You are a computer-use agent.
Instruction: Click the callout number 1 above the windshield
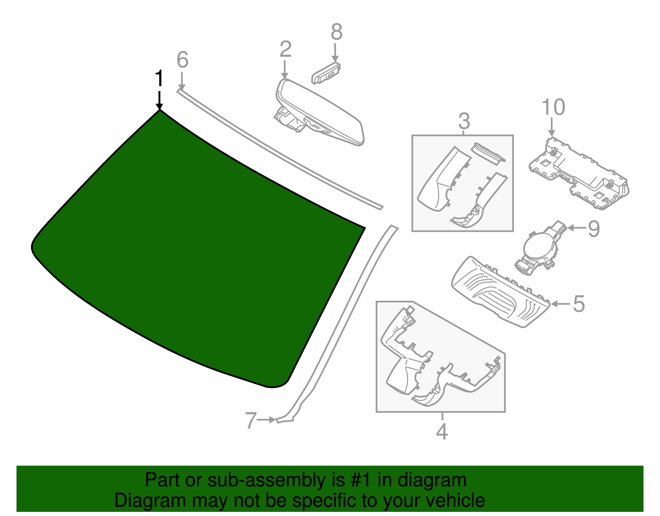[x=159, y=79]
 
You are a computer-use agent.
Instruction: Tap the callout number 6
[x=182, y=60]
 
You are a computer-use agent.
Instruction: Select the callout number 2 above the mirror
[x=285, y=49]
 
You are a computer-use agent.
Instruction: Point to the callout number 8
[x=337, y=32]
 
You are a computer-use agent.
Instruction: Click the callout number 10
[x=553, y=107]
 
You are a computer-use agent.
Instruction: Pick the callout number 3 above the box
[x=464, y=122]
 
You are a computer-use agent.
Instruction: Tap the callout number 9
[x=594, y=229]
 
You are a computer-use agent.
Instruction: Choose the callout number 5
[x=579, y=304]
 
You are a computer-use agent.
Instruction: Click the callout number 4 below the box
[x=442, y=432]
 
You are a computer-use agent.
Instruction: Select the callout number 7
[x=251, y=421]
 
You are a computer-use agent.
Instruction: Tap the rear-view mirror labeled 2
[x=320, y=112]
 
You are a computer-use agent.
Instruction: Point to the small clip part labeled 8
[x=326, y=73]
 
